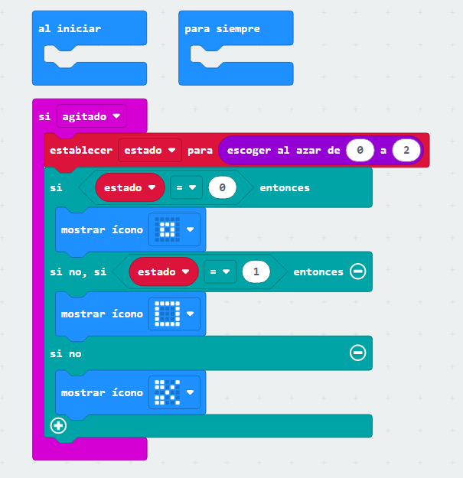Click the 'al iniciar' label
(x=70, y=28)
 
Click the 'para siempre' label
(x=223, y=28)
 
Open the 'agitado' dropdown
(x=91, y=116)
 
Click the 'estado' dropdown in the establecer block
(x=150, y=150)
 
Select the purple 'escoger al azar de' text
(x=284, y=150)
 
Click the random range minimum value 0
(x=360, y=150)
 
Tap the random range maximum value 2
(x=406, y=150)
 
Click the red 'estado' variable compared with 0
(x=130, y=187)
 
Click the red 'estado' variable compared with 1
(x=164, y=272)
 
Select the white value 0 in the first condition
(x=223, y=187)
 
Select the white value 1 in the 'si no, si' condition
(x=256, y=272)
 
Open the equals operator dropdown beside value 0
(x=186, y=187)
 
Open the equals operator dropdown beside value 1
(x=220, y=272)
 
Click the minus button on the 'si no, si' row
(x=358, y=272)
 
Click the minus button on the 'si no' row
(x=358, y=353)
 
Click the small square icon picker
(x=174, y=229)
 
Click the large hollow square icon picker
(x=174, y=314)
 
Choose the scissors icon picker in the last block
(x=174, y=392)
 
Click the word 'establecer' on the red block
(x=81, y=150)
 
